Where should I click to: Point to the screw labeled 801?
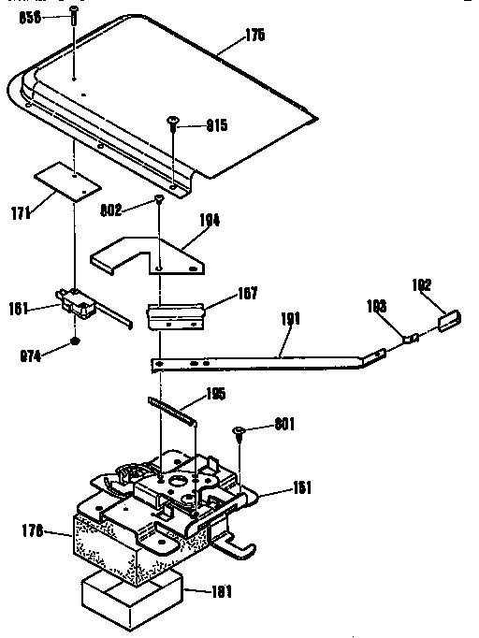tap(240, 430)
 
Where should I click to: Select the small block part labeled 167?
tap(178, 312)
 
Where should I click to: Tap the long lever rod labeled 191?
tap(271, 356)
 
